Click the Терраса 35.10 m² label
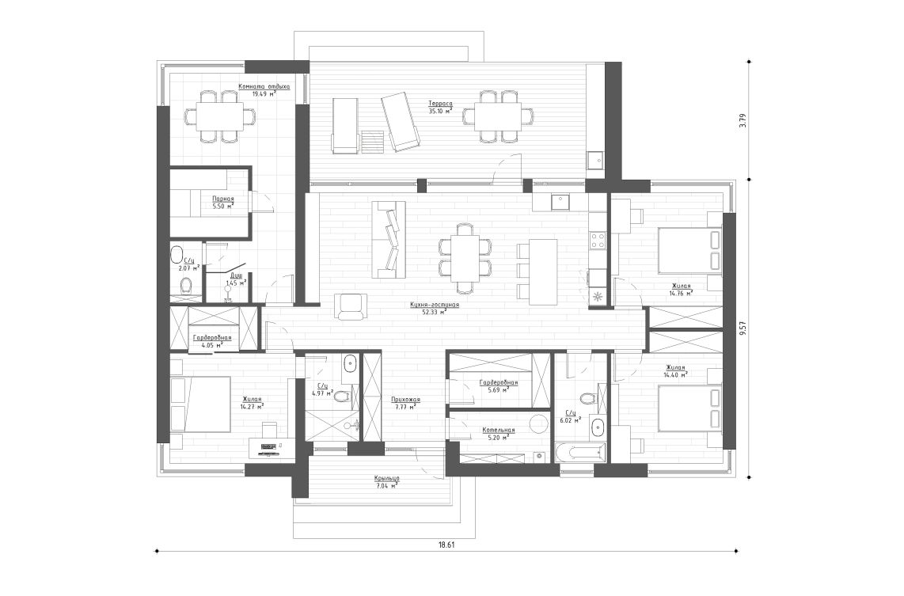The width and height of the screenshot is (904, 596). pos(440,107)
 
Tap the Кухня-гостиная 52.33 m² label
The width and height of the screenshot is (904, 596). pos(435,308)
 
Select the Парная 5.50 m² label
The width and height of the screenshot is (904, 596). pos(222,203)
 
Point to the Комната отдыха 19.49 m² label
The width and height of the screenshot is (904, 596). pos(264,89)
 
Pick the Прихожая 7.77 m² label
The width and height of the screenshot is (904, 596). pos(405,404)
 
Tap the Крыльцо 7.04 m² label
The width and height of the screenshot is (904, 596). pos(386,482)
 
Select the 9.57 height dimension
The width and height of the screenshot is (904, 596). pos(742,329)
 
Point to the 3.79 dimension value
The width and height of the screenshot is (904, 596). pos(742,121)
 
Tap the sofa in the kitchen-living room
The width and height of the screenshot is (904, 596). pos(389,239)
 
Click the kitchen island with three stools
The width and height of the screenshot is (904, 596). pos(543,271)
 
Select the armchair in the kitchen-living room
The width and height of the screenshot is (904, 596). pos(351,306)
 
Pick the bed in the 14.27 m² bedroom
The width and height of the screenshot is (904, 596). pos(199,404)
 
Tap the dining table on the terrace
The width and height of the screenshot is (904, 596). pos(498,116)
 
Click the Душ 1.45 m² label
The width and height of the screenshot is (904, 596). pos(236,279)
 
